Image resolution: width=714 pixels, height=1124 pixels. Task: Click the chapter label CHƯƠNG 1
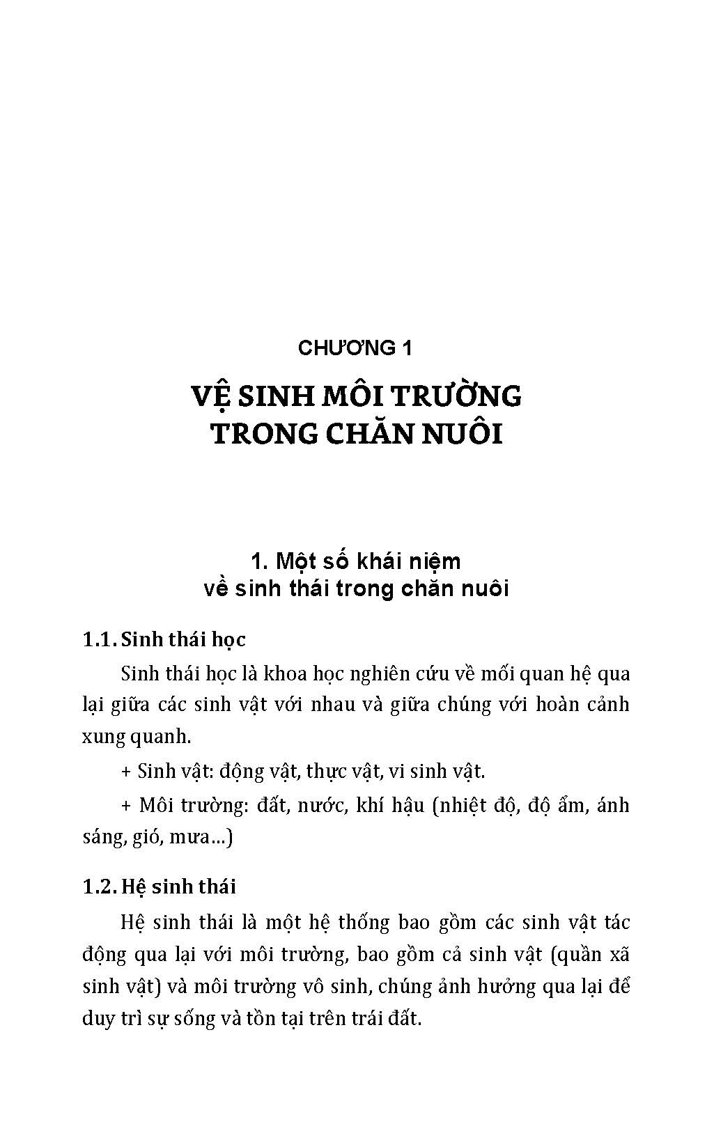[355, 348]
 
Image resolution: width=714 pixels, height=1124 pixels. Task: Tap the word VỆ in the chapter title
[210, 396]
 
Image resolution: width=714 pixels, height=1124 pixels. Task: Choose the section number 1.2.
[98, 887]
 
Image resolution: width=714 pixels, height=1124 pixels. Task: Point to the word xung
[104, 736]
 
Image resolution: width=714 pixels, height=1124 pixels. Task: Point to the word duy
[98, 1018]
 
